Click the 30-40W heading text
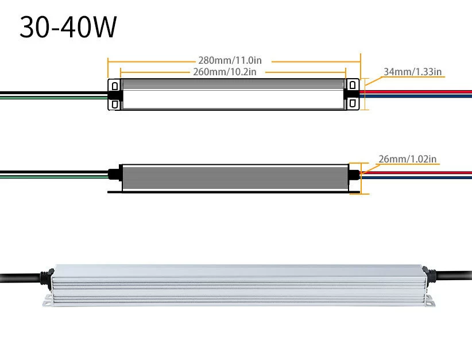(x=68, y=27)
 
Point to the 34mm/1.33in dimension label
(x=412, y=72)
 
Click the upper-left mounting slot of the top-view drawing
(x=115, y=86)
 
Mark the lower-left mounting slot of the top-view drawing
(x=115, y=104)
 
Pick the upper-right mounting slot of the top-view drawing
(x=353, y=86)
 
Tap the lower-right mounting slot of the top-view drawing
(x=353, y=104)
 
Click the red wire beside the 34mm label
(x=419, y=91)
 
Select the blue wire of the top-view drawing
(x=419, y=96)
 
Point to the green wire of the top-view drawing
(x=52, y=97)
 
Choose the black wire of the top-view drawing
(x=52, y=92)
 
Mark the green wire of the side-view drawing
(x=52, y=177)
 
